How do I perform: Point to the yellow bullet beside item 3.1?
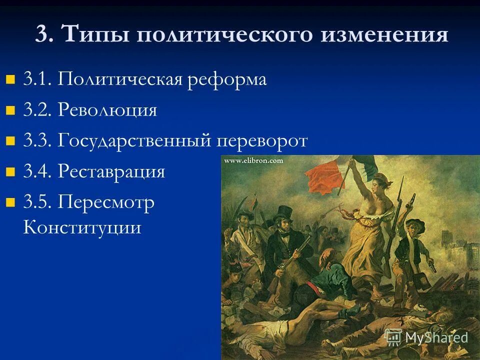10,79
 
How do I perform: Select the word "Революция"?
107,110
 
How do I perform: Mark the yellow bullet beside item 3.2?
10,110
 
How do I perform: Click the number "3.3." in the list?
37,141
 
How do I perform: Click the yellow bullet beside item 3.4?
10,172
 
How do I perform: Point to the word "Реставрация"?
111,172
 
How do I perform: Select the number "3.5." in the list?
37,203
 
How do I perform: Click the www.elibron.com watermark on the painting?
253,161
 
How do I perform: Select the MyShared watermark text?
436,337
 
